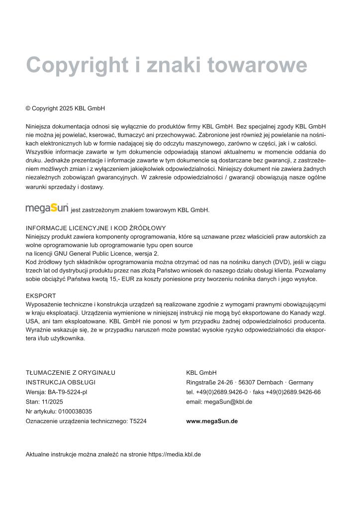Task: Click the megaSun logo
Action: click(x=47, y=208)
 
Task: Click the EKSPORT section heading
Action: click(x=41, y=296)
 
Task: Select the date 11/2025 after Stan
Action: click(x=50, y=402)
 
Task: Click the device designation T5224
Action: click(x=138, y=421)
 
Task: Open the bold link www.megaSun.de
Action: click(x=212, y=421)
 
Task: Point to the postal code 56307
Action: click(x=247, y=382)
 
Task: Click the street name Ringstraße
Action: click(x=200, y=382)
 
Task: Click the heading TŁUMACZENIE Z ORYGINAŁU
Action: click(x=71, y=373)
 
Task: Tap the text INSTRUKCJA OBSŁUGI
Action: click(x=61, y=382)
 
